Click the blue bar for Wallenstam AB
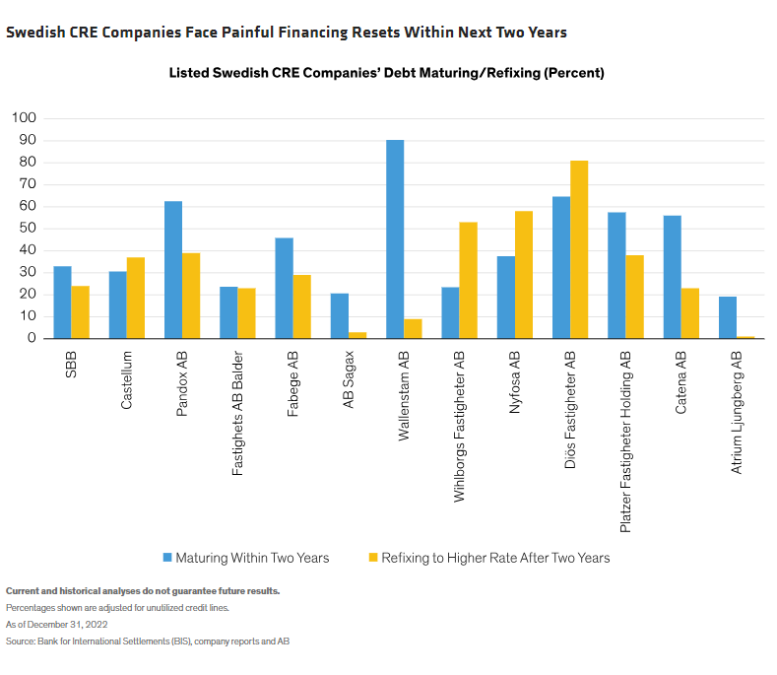[394, 239]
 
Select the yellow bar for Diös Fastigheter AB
[579, 249]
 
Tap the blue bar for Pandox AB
[172, 270]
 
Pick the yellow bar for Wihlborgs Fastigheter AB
[468, 280]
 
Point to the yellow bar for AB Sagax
[357, 335]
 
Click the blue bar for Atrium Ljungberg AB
[727, 317]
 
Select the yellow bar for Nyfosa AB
[524, 275]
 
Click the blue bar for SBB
[62, 303]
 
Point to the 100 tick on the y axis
[24, 118]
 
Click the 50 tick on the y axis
[28, 229]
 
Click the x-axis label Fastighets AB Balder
[237, 413]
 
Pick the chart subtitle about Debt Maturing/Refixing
[386, 73]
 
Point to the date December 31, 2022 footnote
[57, 625]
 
